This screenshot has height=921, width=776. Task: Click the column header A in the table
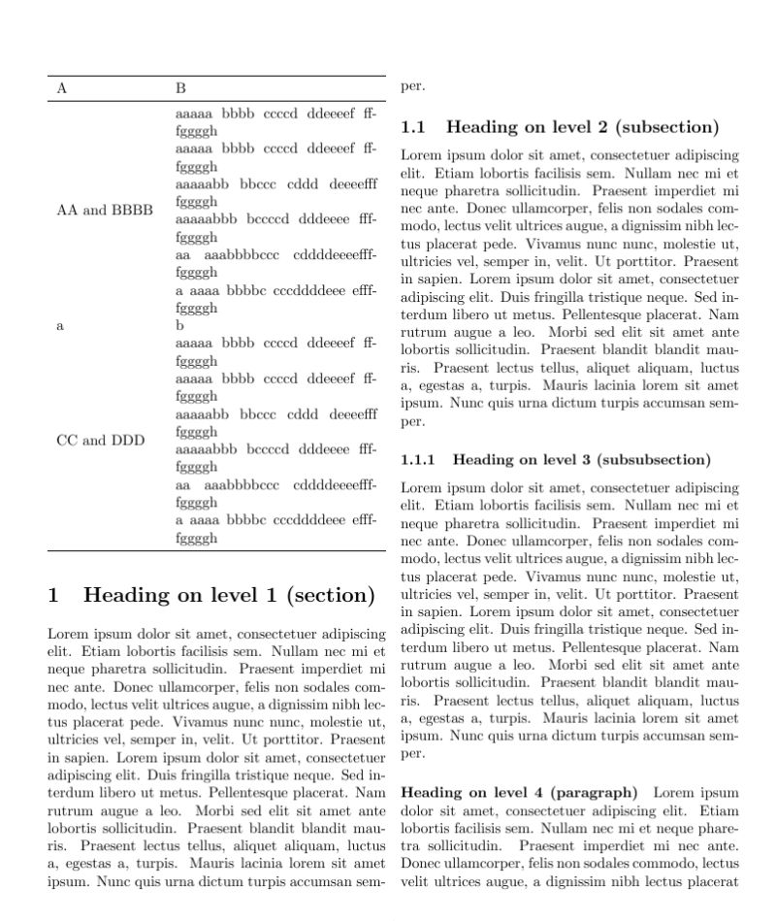click(x=62, y=88)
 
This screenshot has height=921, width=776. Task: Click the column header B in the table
click(x=180, y=88)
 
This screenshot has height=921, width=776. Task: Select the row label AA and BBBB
click(x=105, y=210)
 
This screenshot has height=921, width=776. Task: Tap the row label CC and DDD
click(x=101, y=440)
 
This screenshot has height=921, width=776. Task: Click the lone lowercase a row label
click(x=60, y=326)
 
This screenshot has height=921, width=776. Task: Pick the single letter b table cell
click(x=179, y=326)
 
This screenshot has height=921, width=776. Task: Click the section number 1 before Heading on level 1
click(x=54, y=595)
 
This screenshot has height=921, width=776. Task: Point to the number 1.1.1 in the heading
click(x=418, y=459)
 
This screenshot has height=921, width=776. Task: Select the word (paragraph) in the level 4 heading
click(x=594, y=792)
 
